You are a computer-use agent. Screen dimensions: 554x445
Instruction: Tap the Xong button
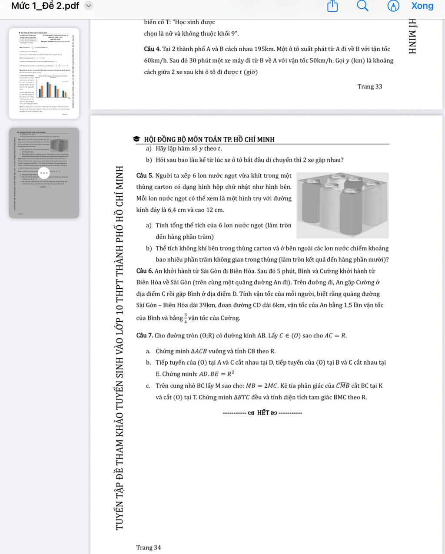coord(422,6)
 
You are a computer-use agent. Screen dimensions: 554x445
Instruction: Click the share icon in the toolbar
coord(332,6)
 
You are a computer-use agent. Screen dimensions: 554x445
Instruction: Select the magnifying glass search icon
coord(362,6)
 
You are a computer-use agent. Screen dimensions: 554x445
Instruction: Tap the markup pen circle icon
coord(393,6)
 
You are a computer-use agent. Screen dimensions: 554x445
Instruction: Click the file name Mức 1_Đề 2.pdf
coord(45,6)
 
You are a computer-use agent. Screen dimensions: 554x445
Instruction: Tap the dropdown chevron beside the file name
coord(89,6)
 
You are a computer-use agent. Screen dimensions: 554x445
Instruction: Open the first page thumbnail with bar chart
coord(44,73)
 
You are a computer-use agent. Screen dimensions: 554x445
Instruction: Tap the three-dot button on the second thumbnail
coord(44,172)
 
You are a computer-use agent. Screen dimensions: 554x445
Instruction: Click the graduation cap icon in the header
coord(136,139)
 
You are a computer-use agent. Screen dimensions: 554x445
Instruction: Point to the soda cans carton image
coord(342,205)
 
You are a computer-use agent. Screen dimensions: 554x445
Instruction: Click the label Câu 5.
coord(145,176)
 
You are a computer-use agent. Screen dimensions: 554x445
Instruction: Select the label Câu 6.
coord(145,271)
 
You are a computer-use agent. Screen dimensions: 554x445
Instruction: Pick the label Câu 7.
coord(145,335)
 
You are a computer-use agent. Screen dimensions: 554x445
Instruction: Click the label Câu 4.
coord(153,49)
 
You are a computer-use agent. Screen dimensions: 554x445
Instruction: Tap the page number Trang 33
coord(369,86)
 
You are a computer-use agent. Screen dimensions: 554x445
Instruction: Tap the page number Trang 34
coord(148,547)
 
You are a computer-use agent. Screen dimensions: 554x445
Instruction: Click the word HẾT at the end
coord(263,412)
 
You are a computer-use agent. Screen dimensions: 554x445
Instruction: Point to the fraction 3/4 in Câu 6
coord(186,318)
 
